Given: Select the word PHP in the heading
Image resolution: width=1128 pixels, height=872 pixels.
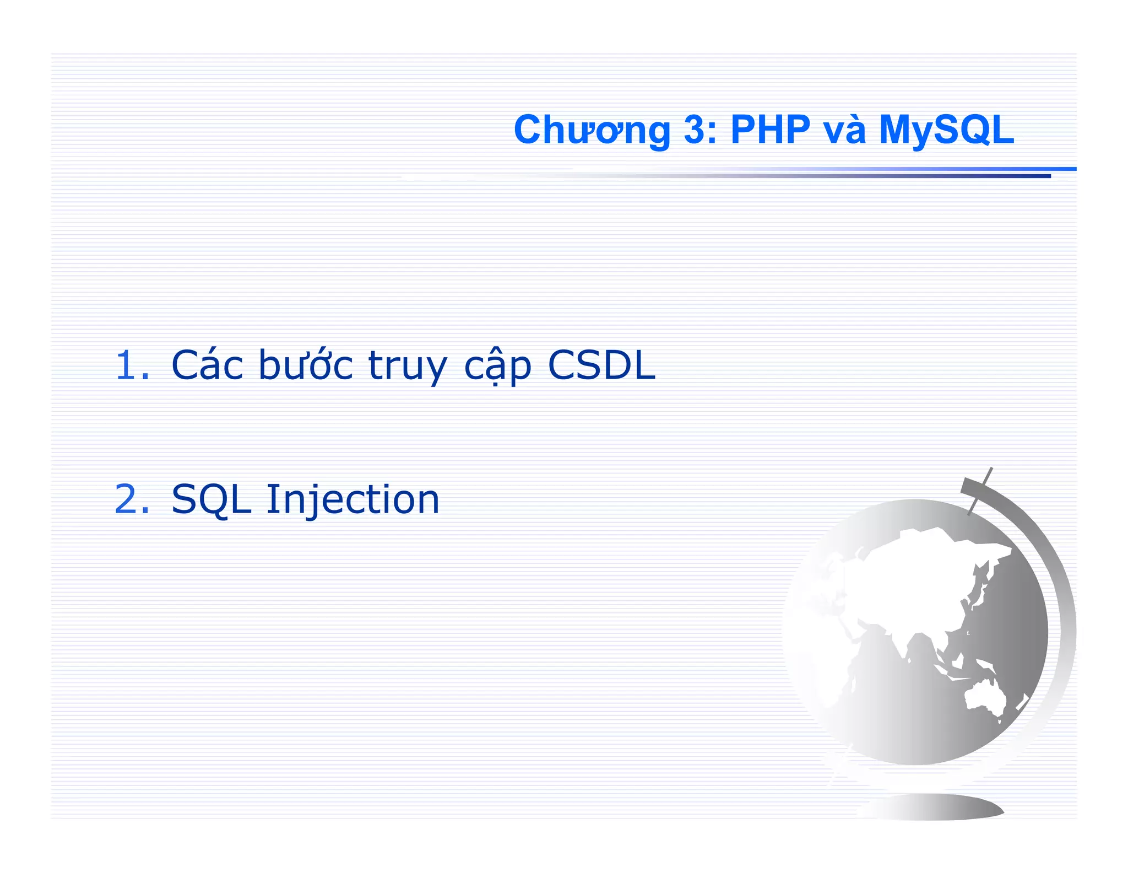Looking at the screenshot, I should (770, 131).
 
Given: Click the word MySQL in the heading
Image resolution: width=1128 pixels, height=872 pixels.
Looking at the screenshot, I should (946, 131).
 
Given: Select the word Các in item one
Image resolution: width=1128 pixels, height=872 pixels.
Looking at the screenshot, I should (207, 365).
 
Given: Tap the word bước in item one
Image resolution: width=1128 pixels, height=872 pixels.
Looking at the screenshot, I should (306, 365).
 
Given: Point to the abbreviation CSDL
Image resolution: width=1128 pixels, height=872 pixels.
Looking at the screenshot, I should (601, 365).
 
